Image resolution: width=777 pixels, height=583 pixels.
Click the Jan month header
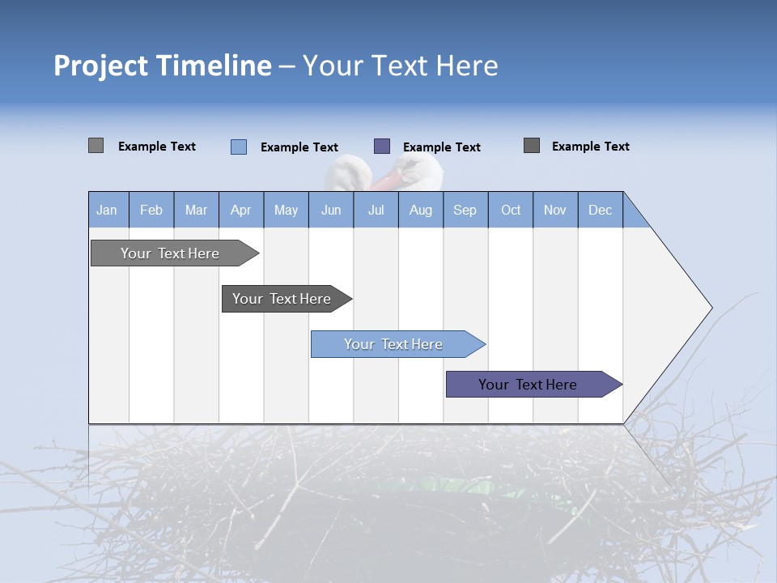tap(107, 210)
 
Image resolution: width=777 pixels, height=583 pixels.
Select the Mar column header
tap(196, 210)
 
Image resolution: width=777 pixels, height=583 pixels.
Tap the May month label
tap(286, 210)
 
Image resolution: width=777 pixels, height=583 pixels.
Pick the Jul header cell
tap(376, 210)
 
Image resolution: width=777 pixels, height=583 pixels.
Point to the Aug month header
tap(421, 210)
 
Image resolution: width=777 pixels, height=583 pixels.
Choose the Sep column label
tap(465, 210)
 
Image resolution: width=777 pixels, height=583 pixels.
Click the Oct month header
tap(511, 210)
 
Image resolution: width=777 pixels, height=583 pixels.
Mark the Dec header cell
tap(600, 210)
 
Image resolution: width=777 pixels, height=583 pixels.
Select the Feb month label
tap(151, 210)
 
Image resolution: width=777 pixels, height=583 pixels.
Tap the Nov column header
tap(555, 210)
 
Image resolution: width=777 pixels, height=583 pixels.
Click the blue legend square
tap(239, 147)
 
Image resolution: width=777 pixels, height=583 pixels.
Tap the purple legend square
tap(382, 147)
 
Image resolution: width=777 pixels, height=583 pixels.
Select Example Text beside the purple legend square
tap(441, 147)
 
